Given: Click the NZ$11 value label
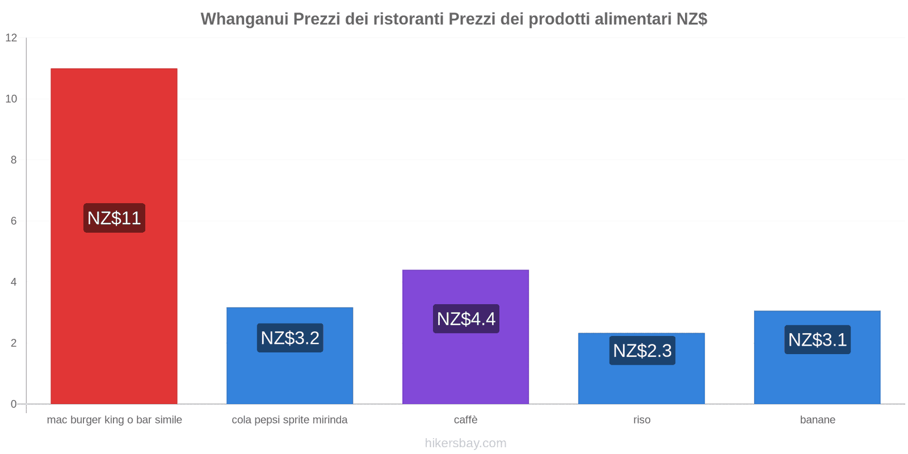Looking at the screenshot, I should pyautogui.click(x=114, y=218).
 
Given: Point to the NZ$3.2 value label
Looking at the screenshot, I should pyautogui.click(x=290, y=338).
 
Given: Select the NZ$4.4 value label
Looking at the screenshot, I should pyautogui.click(x=466, y=318).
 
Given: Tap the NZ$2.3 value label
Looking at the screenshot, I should pyautogui.click(x=642, y=350).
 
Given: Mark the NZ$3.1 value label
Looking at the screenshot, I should pyautogui.click(x=817, y=339).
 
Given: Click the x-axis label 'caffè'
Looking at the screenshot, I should pyautogui.click(x=465, y=420).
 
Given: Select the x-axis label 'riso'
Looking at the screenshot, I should pyautogui.click(x=642, y=420).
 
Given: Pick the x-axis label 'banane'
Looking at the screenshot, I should pyautogui.click(x=817, y=420).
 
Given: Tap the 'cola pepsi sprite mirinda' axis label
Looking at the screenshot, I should pyautogui.click(x=289, y=420).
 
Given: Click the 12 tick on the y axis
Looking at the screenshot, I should pyautogui.click(x=11, y=38).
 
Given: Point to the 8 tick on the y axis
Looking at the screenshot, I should pyautogui.click(x=14, y=160).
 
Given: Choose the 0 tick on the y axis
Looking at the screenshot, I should pyautogui.click(x=14, y=404).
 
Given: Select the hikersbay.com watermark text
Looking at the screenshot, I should pyautogui.click(x=465, y=443).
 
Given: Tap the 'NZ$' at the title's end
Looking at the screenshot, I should pyautogui.click(x=692, y=19).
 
